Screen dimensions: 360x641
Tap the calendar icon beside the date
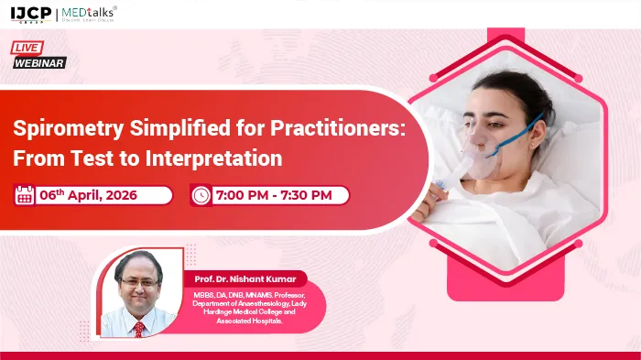coord(25,194)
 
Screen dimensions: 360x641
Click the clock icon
coord(200,195)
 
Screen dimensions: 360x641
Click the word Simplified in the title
coord(162,128)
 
